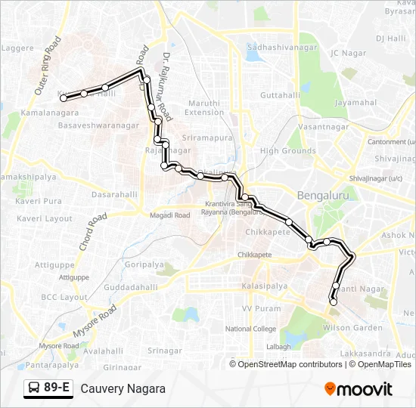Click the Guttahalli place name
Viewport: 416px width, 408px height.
point(280,96)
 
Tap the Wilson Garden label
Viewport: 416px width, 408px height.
point(352,328)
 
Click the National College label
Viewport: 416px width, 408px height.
point(251,329)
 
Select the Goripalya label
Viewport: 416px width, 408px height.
point(144,265)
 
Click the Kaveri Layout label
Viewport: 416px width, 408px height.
point(44,218)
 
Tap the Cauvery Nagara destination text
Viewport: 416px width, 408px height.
point(123,389)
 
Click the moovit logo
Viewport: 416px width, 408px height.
point(358,389)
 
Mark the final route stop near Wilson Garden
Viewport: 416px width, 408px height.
point(333,302)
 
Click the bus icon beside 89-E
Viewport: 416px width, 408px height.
point(34,388)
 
